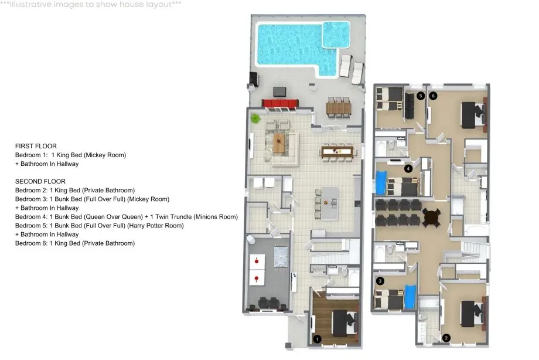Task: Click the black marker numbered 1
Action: pyautogui.click(x=317, y=339)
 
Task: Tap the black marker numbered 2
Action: pyautogui.click(x=446, y=338)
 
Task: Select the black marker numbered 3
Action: pyautogui.click(x=380, y=281)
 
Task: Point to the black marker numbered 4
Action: pyautogui.click(x=408, y=168)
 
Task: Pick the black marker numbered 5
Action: pyautogui.click(x=421, y=96)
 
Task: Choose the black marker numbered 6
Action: pyautogui.click(x=433, y=96)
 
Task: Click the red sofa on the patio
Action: pyautogui.click(x=280, y=103)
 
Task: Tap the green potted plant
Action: pyautogui.click(x=255, y=119)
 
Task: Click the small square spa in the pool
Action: pyautogui.click(x=336, y=35)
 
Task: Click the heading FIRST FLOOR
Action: pyautogui.click(x=36, y=146)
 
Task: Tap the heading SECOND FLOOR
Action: pyautogui.click(x=40, y=181)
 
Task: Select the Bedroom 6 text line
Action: pyautogui.click(x=75, y=243)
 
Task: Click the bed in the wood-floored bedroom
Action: pyautogui.click(x=344, y=323)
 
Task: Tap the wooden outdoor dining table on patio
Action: pyautogui.click(x=339, y=108)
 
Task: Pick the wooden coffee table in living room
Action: pyautogui.click(x=278, y=143)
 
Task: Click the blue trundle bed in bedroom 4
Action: pyautogui.click(x=381, y=182)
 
